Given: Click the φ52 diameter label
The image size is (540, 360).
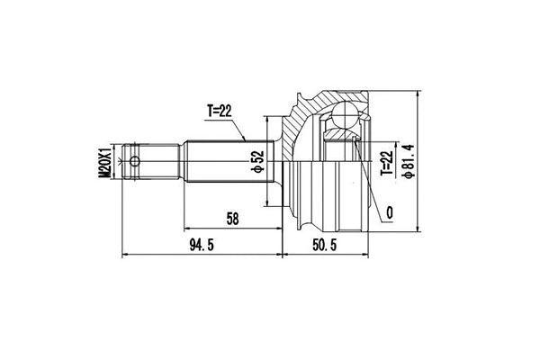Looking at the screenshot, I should tap(256, 160).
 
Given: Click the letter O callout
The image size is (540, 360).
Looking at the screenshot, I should tap(388, 212).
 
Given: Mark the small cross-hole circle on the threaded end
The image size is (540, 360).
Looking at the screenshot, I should tap(135, 162).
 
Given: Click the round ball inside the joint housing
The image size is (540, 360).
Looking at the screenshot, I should tap(346, 114).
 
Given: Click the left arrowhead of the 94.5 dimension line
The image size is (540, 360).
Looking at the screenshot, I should tap(124, 255).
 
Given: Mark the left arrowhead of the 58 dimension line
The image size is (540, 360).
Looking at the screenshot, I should tap(187, 227).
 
